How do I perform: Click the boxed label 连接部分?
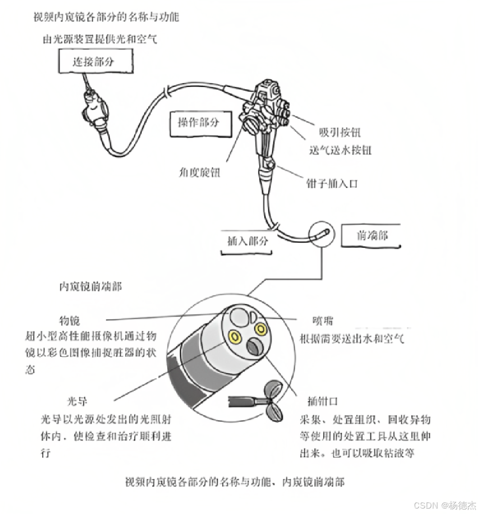pos(93,61)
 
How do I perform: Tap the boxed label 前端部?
pos(373,236)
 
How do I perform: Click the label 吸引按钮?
pos(340,133)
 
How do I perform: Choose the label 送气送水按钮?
pos(340,150)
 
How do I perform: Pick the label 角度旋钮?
pos(200,172)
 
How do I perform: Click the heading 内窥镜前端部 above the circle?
pos(90,287)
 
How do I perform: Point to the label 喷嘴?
pos(323,321)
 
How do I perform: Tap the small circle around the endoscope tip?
pos(321,234)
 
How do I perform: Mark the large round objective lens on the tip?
pos(239,317)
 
